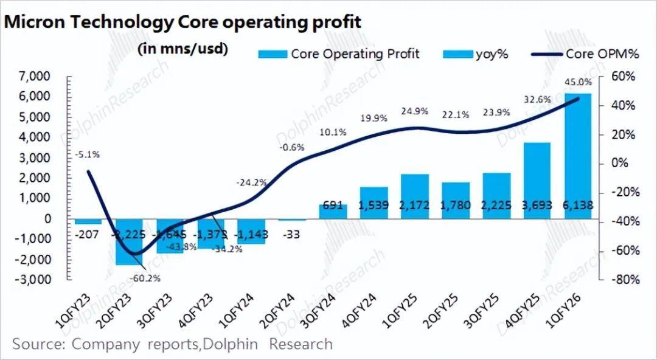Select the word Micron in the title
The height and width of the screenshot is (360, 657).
33,22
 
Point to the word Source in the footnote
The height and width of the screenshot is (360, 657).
37,344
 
